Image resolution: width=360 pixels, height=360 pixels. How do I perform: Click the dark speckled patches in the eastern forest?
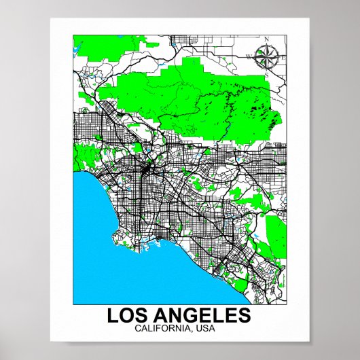255,109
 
